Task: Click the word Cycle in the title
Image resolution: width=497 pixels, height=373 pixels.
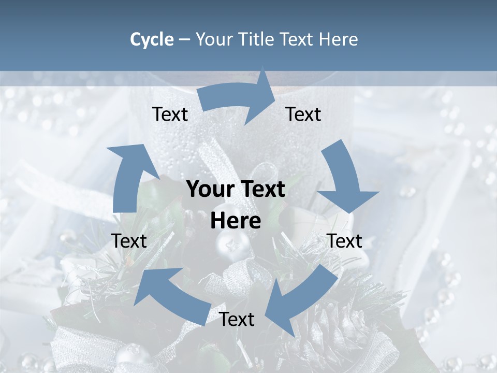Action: [x=152, y=39]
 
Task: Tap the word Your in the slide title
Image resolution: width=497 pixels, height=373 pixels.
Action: [x=214, y=39]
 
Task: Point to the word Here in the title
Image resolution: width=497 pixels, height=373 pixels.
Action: [x=339, y=39]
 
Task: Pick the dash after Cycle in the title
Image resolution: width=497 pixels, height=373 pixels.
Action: [x=184, y=40]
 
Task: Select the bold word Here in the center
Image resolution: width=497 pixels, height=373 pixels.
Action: [x=236, y=221]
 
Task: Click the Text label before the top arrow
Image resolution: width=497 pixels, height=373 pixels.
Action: [x=170, y=114]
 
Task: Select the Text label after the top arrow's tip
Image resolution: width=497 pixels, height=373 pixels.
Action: [x=303, y=114]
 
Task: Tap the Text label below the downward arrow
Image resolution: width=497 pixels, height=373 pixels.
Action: [x=345, y=241]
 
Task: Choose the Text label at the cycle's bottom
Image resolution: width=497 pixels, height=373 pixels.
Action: [x=237, y=320]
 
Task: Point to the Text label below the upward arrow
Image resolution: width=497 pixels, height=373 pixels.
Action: [x=129, y=241]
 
